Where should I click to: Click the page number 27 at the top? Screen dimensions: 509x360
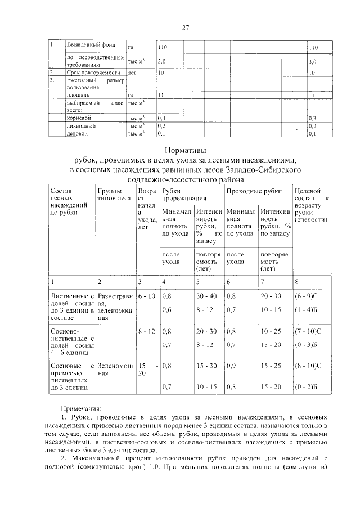click(x=185, y=27)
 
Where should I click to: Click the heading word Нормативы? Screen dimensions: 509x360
click(x=185, y=150)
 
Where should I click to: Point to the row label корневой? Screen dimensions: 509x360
click(x=78, y=118)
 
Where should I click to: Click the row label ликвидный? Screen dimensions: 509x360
click(x=81, y=126)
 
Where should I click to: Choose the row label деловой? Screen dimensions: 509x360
click(x=77, y=134)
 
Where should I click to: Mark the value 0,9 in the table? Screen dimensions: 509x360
click(x=230, y=366)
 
